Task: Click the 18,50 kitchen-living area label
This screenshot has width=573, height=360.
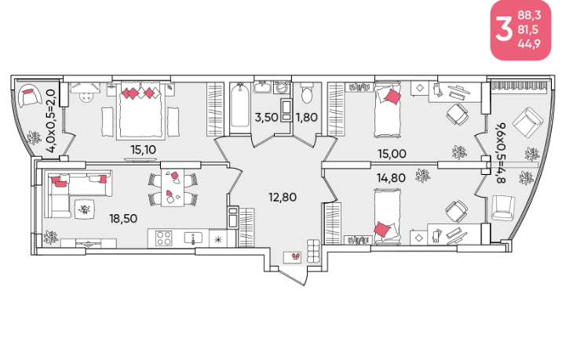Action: (123, 219)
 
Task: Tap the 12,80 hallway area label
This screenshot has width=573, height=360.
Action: (283, 198)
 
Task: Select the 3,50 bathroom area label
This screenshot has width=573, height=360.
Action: (267, 118)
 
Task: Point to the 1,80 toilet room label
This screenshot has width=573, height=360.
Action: (307, 118)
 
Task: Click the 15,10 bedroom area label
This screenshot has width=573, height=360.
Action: (143, 149)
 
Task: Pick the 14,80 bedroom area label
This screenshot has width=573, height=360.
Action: (391, 178)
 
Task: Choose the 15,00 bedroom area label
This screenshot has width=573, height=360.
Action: (392, 154)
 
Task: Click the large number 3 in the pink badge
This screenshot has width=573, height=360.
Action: (504, 30)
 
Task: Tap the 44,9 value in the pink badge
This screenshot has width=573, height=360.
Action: (529, 44)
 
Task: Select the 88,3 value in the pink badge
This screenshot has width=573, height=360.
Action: (529, 16)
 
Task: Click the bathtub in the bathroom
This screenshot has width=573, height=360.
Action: (240, 106)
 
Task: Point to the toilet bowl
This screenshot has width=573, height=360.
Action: (306, 94)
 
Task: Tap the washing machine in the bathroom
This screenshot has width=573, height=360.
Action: (281, 88)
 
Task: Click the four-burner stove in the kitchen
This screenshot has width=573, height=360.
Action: (164, 238)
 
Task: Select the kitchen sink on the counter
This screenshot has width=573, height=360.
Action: (193, 238)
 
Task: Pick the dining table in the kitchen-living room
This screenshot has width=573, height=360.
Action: (173, 187)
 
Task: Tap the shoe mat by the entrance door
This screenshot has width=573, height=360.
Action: (293, 257)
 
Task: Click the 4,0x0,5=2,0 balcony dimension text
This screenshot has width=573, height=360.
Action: (51, 122)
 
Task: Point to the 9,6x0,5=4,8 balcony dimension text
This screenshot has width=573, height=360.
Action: (500, 153)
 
